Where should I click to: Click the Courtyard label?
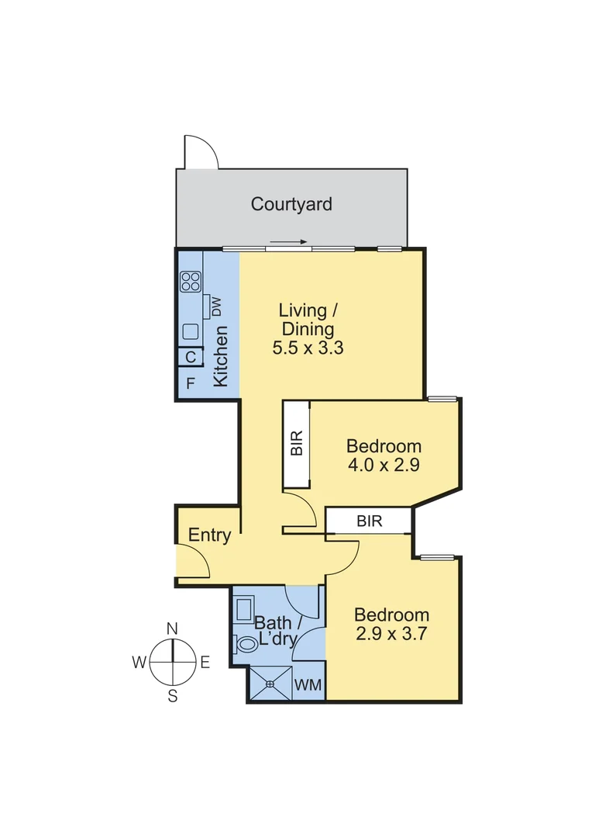tap(291, 204)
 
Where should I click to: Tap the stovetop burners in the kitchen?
tap(191, 281)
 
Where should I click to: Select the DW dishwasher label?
tap(216, 307)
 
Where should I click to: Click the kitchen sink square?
tap(191, 332)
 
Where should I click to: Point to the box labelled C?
tap(191, 358)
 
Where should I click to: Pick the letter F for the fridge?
tap(190, 383)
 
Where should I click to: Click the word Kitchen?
tap(221, 357)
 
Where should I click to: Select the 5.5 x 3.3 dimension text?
tap(308, 348)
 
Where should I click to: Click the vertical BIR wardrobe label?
tap(296, 444)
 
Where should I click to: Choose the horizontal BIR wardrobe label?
tap(370, 521)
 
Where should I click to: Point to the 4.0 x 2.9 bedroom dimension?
tap(384, 465)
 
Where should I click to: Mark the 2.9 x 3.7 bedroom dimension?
tap(391, 632)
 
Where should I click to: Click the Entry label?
tap(210, 535)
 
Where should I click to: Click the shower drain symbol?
tap(270, 684)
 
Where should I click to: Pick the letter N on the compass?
tap(173, 628)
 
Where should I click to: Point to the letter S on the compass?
tap(173, 696)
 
